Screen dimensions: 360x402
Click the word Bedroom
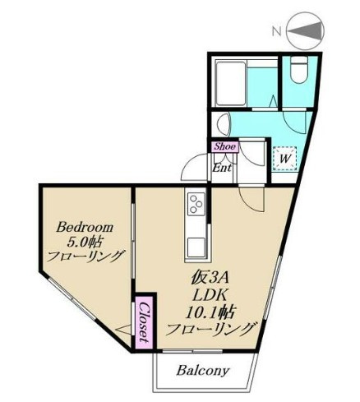pos(85,229)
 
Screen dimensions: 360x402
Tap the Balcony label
pos(202,371)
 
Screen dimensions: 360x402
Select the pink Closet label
pos(144,322)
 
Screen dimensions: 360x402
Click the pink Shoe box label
pos(224,146)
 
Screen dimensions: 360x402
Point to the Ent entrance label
pos(222,168)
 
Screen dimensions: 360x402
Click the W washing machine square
pos(284,159)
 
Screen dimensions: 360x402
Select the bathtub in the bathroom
pos(231,84)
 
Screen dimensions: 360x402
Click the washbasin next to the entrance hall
pos(224,124)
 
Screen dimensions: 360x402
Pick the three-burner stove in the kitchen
pos(196,204)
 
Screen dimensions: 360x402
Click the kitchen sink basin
pos(196,247)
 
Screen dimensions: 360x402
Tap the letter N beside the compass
pos(277,31)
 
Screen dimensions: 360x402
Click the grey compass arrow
pos(305,31)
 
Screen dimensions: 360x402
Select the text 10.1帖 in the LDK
pos(211,312)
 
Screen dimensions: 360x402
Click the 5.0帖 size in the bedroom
pos(85,243)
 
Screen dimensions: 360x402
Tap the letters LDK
pos(210,296)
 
